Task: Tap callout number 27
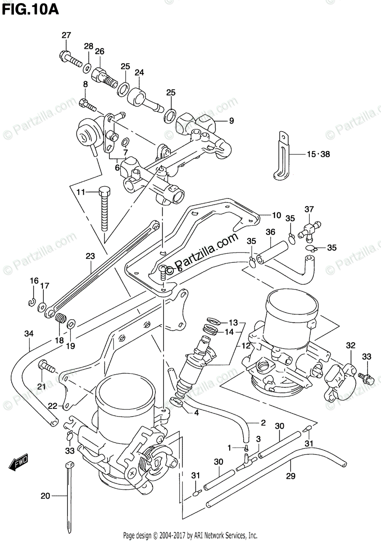66,36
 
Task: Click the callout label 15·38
318,154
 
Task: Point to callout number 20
45,496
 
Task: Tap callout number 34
29,334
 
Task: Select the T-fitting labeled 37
310,225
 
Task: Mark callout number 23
90,257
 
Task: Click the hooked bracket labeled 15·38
282,156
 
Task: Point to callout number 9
231,120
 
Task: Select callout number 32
351,346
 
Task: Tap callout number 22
53,406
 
